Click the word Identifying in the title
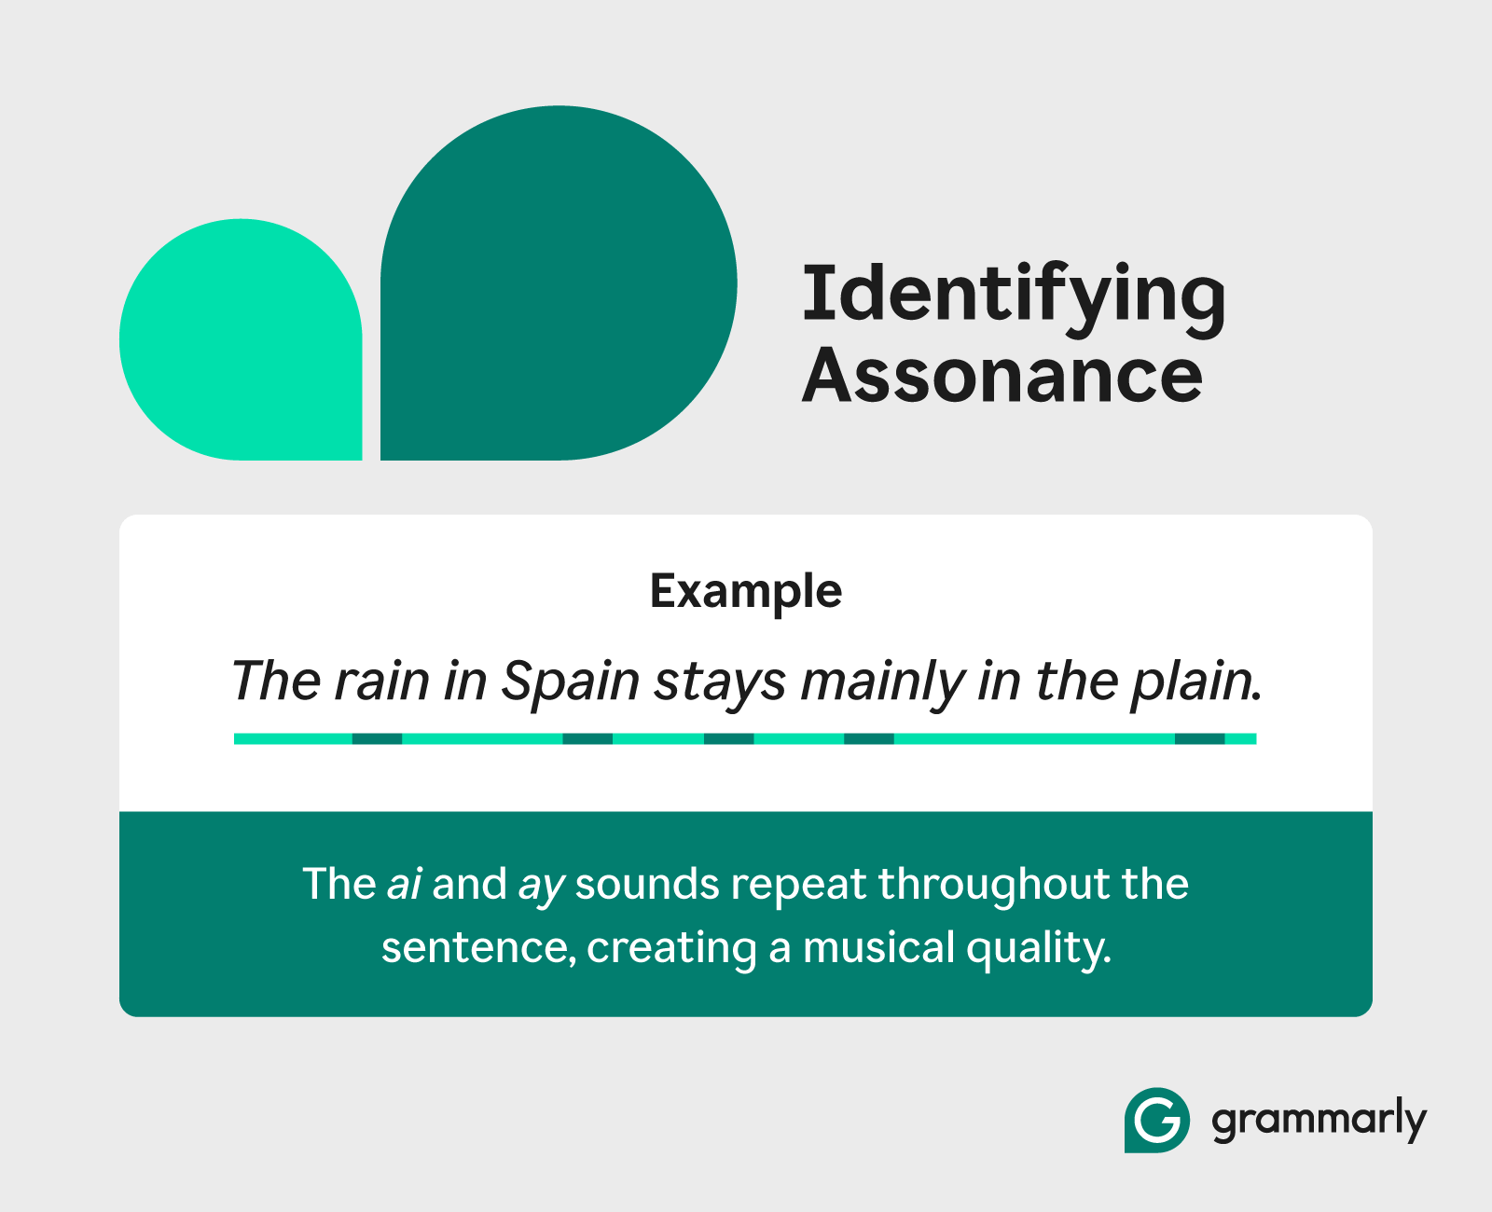point(1014,299)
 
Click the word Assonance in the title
point(1002,375)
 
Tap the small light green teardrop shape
point(241,339)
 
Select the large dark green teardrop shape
point(559,282)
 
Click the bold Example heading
point(746,592)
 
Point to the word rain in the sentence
point(381,681)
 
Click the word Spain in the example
point(570,682)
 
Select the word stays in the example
point(719,683)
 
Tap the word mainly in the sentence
point(882,682)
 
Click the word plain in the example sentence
point(1195,682)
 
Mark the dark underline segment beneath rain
point(377,738)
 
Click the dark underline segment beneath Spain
point(587,738)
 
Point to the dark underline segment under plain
point(1200,738)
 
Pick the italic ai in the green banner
point(404,884)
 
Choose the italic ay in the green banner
point(541,888)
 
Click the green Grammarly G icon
point(1157,1121)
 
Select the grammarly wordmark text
point(1319,1121)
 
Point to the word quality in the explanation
point(1039,950)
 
